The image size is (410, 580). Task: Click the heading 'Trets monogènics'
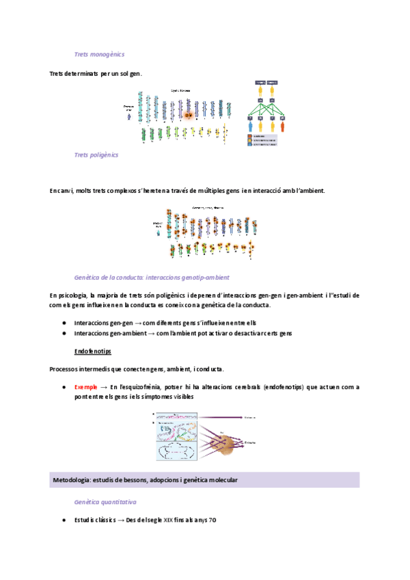tap(98, 54)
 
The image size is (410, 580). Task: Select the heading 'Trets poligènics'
tap(96, 155)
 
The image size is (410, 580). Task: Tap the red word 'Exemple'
tap(87, 387)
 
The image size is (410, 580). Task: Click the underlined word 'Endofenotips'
tap(93, 352)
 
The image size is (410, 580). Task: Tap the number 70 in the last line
tap(212, 520)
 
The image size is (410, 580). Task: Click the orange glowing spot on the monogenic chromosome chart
tap(189, 115)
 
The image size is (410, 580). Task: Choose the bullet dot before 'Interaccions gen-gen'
tap(64, 323)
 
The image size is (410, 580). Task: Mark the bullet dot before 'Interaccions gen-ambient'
tap(64, 333)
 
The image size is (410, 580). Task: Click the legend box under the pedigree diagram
tap(262, 140)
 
